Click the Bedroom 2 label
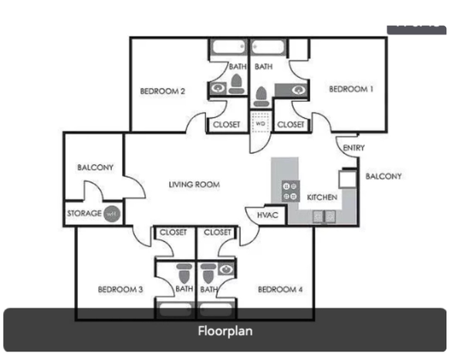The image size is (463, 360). [x=162, y=91]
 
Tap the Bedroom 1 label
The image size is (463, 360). [x=351, y=89]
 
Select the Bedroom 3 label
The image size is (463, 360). [x=120, y=290]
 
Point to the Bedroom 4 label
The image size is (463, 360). [x=280, y=290]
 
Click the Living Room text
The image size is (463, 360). [x=194, y=185]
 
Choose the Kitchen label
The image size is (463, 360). [x=322, y=198]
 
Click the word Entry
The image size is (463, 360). [x=353, y=148]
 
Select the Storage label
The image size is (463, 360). [x=84, y=214]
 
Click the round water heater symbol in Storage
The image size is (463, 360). [x=112, y=214]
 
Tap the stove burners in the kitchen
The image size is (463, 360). [x=291, y=191]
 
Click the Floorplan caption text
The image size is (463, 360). [x=225, y=331]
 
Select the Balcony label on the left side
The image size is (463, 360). [x=96, y=167]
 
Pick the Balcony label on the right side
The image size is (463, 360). [x=384, y=177]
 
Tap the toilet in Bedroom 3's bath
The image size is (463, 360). [x=184, y=274]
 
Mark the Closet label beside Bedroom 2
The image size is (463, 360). [x=226, y=124]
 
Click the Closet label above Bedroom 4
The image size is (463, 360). [x=218, y=232]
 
